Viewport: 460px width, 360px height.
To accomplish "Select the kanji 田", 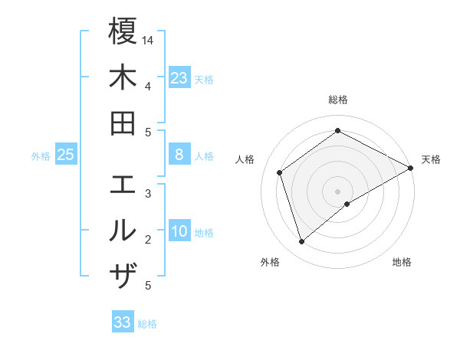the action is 123,123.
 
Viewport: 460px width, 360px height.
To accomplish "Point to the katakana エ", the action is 123,185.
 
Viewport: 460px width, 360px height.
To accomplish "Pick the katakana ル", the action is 123,231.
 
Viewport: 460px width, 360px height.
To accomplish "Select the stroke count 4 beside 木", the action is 148,86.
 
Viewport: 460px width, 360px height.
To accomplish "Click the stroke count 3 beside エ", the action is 148,194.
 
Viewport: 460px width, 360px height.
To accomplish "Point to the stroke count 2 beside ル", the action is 148,240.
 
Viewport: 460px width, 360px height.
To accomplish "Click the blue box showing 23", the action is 179,78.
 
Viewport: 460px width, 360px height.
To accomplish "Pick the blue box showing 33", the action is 123,322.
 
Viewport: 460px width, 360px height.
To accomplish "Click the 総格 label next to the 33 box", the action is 148,324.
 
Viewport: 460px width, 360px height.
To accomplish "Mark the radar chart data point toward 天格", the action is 411,169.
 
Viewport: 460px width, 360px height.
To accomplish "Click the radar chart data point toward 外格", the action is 301,242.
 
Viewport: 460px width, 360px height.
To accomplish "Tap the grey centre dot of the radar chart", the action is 338,191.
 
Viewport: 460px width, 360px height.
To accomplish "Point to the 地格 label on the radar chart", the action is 402,263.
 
